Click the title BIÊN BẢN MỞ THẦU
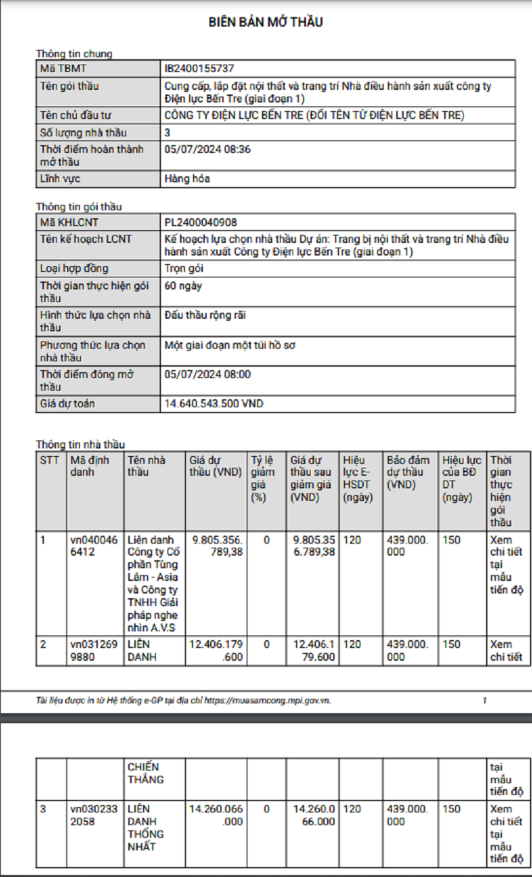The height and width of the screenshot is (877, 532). tap(265, 22)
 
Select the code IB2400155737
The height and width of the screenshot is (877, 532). tap(199, 68)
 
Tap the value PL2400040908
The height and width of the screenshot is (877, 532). tap(201, 222)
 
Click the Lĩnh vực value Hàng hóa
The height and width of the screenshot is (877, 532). tap(187, 179)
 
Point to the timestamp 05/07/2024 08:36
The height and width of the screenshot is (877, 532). tap(207, 149)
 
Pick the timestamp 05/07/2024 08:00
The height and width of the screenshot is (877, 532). tap(207, 374)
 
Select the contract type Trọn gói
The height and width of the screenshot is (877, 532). tap(184, 268)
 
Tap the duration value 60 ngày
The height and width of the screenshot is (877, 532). tap(183, 285)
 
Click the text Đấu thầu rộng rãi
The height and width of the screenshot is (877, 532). tap(205, 315)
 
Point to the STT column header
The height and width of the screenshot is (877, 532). tap(49, 460)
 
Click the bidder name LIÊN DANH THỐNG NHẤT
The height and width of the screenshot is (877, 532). tap(145, 828)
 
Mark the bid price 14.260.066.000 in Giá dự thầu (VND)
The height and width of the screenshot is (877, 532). tap(216, 815)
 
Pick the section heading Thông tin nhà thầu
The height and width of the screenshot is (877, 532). tap(80, 444)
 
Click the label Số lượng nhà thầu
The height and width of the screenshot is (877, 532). tap(83, 132)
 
